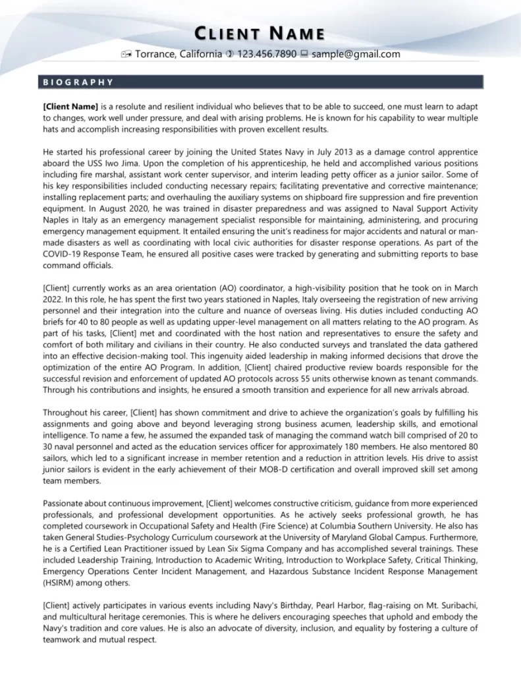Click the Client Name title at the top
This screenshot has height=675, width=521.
(x=260, y=34)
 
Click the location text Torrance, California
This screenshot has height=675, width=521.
(x=178, y=54)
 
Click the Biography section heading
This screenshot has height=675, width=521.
(x=78, y=82)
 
